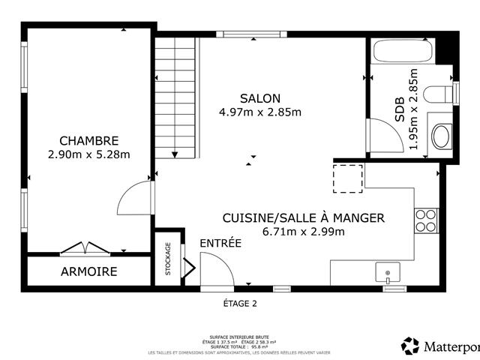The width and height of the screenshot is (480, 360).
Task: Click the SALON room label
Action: [x=260, y=98]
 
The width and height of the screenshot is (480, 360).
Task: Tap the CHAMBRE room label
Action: [x=88, y=141]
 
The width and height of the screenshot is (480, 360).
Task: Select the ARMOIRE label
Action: [x=88, y=271]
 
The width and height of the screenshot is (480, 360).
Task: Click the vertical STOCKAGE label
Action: [x=168, y=259]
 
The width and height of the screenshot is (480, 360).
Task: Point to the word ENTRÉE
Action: [x=220, y=243]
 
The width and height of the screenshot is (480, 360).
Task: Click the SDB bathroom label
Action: [x=399, y=109]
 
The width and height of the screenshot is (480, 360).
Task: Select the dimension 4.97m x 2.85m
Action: [x=260, y=112]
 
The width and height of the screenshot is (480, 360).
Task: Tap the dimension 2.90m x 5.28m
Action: [x=88, y=155]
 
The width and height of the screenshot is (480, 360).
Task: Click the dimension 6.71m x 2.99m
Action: [x=303, y=232]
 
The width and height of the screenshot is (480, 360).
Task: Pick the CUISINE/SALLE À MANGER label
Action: [x=303, y=217]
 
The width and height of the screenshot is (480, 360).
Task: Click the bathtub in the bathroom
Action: [x=403, y=52]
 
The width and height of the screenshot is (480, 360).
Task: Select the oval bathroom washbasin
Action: [x=441, y=136]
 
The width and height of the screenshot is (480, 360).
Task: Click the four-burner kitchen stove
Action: [x=425, y=220]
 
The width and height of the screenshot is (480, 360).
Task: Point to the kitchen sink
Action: [x=388, y=272]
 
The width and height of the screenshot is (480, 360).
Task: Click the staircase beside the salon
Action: [x=175, y=97]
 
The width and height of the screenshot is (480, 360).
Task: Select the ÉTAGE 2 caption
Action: [x=240, y=304]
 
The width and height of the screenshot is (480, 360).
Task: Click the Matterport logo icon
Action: [x=410, y=346]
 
